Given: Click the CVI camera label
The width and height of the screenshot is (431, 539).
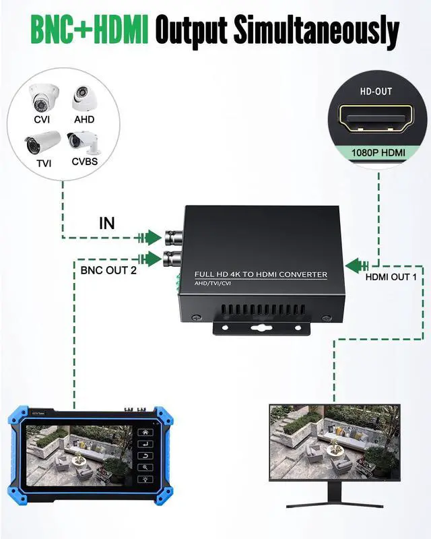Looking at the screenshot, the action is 42,119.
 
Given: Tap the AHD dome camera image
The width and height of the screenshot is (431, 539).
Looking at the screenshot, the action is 84,98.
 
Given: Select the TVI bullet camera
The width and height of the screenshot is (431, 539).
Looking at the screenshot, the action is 42,143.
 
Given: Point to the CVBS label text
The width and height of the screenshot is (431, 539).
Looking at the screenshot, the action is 85,161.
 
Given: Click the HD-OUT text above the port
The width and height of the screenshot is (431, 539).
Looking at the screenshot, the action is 376,92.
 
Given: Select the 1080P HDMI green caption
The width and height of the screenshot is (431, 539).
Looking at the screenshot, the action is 378,153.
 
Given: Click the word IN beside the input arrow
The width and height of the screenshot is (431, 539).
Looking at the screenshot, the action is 107,224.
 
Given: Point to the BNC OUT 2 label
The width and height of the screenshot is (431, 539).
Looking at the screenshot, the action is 108,270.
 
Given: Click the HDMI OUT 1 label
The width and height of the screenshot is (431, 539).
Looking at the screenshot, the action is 391,277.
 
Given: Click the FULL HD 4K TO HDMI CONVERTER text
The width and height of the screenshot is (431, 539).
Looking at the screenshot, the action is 261,275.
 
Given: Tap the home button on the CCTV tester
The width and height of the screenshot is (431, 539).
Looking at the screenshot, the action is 145,432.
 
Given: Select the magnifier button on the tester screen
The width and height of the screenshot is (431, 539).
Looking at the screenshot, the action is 145,467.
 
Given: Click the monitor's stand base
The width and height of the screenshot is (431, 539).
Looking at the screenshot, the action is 335,505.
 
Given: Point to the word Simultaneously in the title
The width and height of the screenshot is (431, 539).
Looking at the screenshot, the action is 317,30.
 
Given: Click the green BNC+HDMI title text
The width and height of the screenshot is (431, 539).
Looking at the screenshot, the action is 90,30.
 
